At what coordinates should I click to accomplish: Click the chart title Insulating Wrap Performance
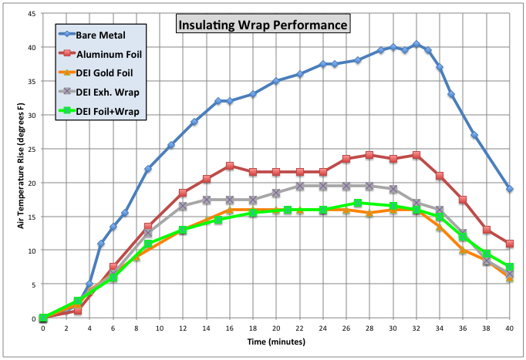pos(263,24)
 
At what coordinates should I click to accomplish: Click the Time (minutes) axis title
pos(275,340)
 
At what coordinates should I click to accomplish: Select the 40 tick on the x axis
pos(509,328)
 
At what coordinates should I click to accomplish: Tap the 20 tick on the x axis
pos(276,328)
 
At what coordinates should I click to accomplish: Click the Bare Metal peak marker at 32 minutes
pos(416,45)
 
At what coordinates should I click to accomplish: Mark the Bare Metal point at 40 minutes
pos(510,189)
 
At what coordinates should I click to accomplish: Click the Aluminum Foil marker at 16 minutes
pos(230,166)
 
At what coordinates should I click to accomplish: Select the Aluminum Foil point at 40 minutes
pos(510,244)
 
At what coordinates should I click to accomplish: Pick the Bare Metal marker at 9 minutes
pos(148,169)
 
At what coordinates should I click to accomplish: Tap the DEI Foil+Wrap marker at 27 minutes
pos(358,203)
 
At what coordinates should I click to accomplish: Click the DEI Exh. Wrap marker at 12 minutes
pos(183,206)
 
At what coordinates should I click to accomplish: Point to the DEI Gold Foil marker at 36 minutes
pos(463,250)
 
